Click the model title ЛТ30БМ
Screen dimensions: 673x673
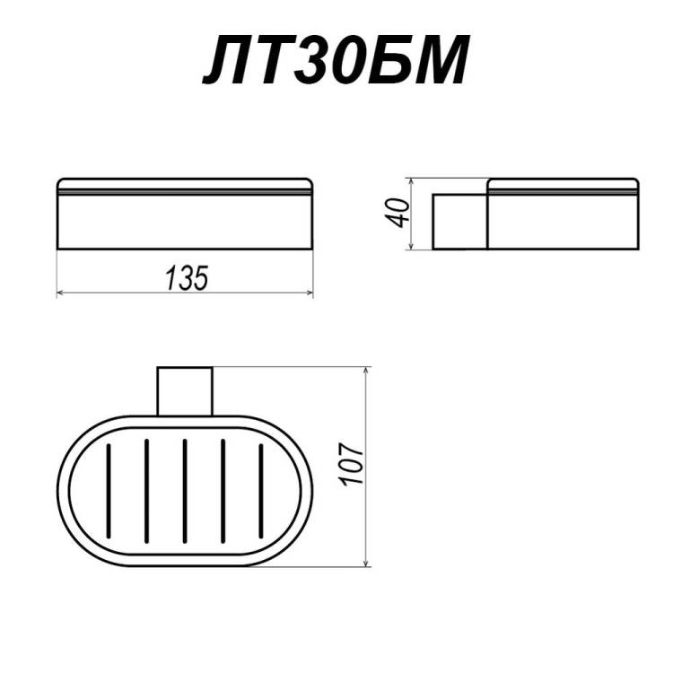pyautogui.click(x=336, y=61)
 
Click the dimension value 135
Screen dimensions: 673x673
pyautogui.click(x=188, y=277)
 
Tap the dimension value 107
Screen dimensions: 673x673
pyautogui.click(x=352, y=464)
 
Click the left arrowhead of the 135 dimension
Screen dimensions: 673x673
pyautogui.click(x=60, y=293)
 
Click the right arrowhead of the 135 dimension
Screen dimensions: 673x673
pyautogui.click(x=310, y=293)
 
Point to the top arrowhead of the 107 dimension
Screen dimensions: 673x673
pyautogui.click(x=366, y=371)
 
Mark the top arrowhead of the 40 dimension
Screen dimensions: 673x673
pyautogui.click(x=411, y=182)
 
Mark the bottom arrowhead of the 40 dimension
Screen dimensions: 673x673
pyautogui.click(x=411, y=245)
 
